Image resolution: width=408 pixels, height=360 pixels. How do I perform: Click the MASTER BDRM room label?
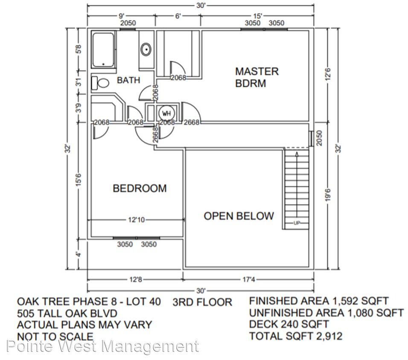pos(256,77)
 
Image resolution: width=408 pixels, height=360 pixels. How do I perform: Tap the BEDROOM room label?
pos(140,188)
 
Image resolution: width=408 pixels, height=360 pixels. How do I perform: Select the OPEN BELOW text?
pos(239,216)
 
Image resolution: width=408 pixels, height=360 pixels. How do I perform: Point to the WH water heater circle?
pos(166,114)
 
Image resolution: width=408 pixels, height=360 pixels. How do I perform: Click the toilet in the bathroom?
pos(100,83)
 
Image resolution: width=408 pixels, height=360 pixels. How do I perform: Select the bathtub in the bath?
pos(103,50)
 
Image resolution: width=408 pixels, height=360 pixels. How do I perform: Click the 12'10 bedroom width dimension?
pos(136,220)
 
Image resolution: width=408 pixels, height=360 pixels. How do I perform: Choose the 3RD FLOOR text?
pos(202,302)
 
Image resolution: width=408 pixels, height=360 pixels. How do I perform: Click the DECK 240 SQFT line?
pos(289,324)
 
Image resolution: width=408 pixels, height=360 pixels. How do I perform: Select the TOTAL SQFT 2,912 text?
pos(295,336)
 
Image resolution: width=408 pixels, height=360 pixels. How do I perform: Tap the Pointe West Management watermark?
pos(102,346)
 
